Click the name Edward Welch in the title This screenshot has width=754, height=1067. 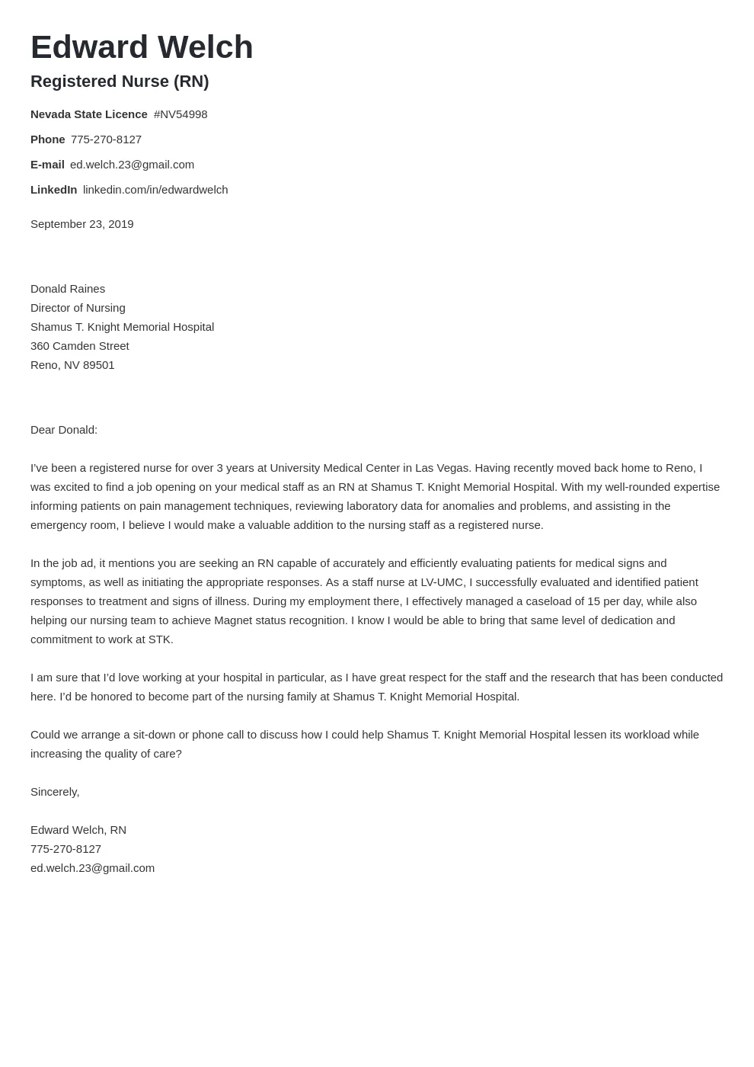click(142, 47)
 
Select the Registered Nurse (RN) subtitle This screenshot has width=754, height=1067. click(120, 82)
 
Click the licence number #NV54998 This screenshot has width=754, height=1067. click(181, 114)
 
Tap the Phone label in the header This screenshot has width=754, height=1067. click(47, 139)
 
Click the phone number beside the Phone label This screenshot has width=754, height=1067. click(106, 139)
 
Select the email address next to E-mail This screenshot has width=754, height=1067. click(132, 165)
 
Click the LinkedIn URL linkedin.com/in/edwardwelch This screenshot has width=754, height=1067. click(155, 190)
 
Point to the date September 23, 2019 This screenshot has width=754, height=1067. click(81, 224)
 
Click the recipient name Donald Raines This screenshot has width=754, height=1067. click(68, 289)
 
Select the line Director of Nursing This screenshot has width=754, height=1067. click(78, 308)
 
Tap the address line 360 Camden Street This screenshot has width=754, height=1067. click(80, 346)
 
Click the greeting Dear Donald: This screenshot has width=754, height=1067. click(64, 430)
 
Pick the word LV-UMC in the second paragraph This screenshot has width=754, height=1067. click(442, 582)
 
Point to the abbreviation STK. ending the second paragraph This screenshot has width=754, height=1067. click(161, 639)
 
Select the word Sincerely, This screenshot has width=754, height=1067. click(55, 792)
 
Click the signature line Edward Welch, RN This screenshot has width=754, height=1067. click(78, 830)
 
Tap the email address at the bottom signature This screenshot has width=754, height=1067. click(92, 868)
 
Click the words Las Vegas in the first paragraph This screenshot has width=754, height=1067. click(442, 468)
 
